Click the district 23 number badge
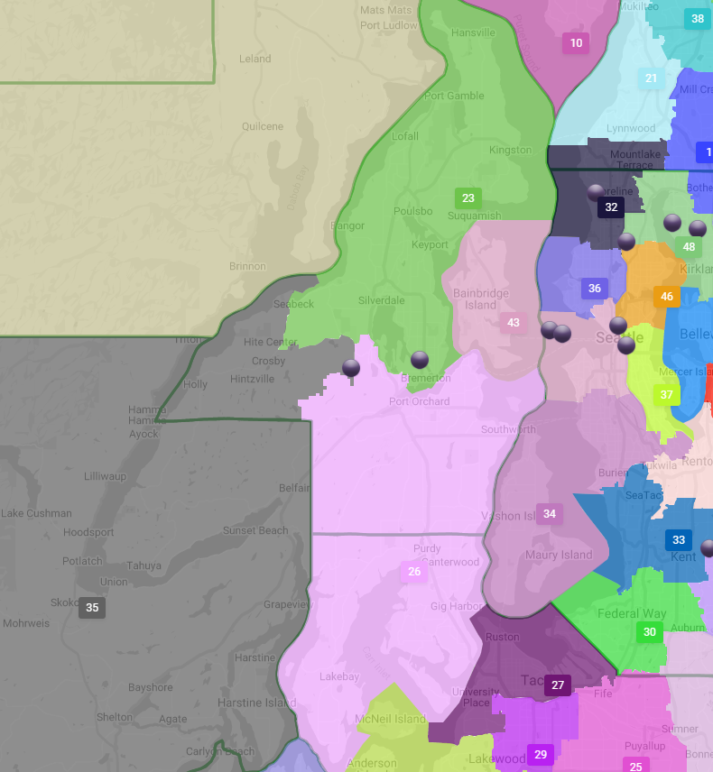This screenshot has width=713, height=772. [468, 198]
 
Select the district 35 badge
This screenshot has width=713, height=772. [92, 608]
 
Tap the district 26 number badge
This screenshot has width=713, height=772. [414, 571]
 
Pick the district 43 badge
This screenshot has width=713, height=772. [514, 322]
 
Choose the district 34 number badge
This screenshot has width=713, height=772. [549, 514]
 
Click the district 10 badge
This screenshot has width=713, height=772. [576, 42]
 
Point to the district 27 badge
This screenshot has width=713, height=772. [558, 685]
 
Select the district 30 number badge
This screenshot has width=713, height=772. [649, 631]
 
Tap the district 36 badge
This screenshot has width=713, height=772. [594, 289]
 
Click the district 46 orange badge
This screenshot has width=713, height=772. [666, 297]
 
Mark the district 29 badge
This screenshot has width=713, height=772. [541, 755]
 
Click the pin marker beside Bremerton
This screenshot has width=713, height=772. [420, 360]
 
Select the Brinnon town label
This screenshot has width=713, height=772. [247, 266]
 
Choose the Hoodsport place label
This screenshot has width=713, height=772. [88, 532]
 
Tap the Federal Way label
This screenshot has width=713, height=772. [632, 613]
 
